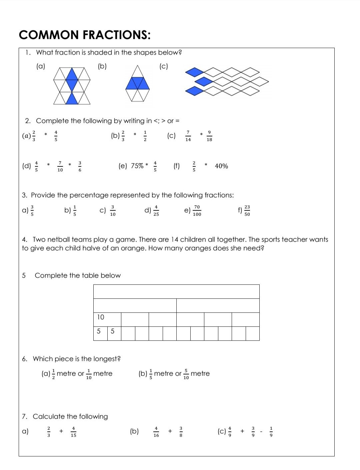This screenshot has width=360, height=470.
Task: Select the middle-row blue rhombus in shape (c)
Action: [x=204, y=81]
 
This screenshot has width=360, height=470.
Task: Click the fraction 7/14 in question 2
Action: [x=188, y=136]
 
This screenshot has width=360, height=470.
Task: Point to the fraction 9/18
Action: [x=209, y=136]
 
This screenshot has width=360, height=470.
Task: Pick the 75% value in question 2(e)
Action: [x=137, y=166]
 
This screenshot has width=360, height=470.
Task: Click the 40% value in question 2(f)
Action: [x=221, y=166]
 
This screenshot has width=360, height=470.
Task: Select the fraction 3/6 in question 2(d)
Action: [x=80, y=166]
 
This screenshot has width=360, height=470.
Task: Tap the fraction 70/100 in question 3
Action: [x=197, y=210]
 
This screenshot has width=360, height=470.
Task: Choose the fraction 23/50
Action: [x=247, y=210]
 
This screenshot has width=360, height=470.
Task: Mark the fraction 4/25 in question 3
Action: [x=156, y=210]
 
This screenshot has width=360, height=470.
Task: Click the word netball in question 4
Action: [x=59, y=240]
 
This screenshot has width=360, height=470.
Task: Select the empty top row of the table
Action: [x=176, y=291]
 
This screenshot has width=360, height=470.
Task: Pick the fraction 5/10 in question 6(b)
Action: [x=186, y=374]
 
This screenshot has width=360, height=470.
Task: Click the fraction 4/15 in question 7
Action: [x=73, y=432]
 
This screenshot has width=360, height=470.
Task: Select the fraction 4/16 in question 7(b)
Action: [x=156, y=432]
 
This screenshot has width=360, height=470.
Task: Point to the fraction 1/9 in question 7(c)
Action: [x=271, y=432]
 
